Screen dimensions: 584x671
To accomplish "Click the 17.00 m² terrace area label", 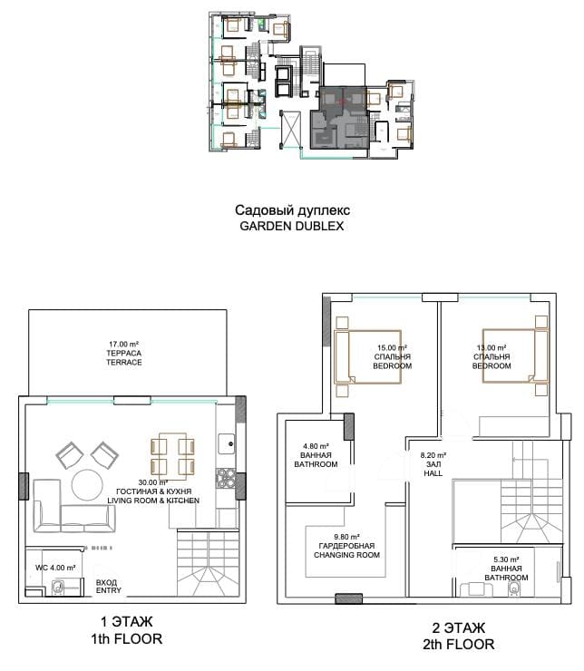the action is [x=123, y=344].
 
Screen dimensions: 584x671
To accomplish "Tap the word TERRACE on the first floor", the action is [x=124, y=362].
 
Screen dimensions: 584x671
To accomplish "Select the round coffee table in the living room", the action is [x=87, y=485].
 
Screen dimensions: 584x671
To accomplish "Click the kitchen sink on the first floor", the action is [x=227, y=443].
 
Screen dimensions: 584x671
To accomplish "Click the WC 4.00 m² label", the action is [x=55, y=568].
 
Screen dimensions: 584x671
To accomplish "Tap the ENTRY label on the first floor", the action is [x=109, y=590].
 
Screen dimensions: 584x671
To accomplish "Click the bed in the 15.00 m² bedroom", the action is [x=368, y=356].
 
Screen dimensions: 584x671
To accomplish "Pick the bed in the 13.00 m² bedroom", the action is [x=516, y=355].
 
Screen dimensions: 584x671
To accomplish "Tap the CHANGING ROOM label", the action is [x=346, y=555].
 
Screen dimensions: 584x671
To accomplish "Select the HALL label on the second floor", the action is [x=433, y=473].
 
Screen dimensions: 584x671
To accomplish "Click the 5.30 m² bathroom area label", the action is [x=506, y=559].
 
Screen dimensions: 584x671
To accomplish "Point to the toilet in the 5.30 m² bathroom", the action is [x=514, y=589].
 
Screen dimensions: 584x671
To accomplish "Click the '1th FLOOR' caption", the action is [x=126, y=639].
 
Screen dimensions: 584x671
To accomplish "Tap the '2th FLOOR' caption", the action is [x=458, y=644].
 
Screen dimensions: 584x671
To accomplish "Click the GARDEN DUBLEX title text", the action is [x=292, y=226].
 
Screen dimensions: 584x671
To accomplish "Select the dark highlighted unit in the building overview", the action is [x=339, y=118].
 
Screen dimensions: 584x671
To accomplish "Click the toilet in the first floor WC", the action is [x=58, y=588].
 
